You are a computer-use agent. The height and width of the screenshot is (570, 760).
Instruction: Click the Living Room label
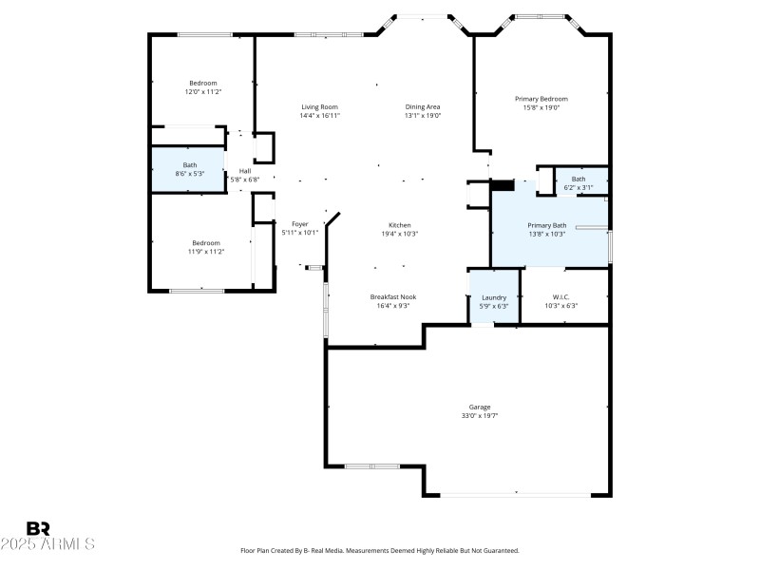click(319, 107)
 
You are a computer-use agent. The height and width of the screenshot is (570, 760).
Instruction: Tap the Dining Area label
click(422, 107)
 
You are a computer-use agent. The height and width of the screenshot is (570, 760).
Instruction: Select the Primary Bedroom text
click(541, 99)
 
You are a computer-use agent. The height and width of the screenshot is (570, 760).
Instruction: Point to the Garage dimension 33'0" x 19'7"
click(480, 415)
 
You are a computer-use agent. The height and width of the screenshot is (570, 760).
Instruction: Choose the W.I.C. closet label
click(560, 297)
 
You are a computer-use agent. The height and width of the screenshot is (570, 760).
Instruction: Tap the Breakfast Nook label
click(392, 296)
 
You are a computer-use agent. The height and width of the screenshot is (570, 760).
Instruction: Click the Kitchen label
click(399, 225)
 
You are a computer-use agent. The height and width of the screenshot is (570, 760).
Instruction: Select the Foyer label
click(300, 224)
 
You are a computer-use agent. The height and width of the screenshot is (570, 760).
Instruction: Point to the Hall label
click(245, 171)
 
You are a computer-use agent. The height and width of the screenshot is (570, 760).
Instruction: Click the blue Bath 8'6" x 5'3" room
click(190, 170)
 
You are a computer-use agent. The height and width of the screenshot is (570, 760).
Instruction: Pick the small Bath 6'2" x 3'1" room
click(578, 182)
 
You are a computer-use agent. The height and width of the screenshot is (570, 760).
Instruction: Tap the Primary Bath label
click(546, 225)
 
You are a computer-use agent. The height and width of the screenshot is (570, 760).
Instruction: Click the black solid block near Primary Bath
click(502, 186)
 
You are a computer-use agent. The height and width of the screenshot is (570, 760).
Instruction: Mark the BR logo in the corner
click(38, 528)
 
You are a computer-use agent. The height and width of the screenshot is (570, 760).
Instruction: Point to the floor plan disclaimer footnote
click(379, 551)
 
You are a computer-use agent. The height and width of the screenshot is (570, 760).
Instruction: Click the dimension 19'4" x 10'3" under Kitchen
click(399, 233)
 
